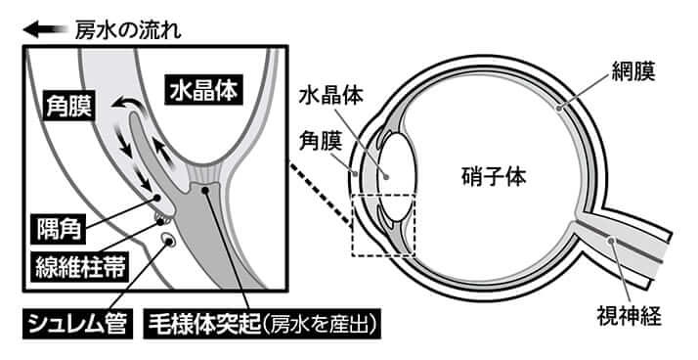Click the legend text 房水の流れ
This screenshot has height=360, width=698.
pos(128,29)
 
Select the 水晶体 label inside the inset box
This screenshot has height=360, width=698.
pos(204,90)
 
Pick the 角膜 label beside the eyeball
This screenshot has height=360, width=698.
pos(319,145)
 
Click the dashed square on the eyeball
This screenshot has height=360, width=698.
pos(384,225)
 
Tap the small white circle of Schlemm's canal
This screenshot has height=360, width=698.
pos(168,239)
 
